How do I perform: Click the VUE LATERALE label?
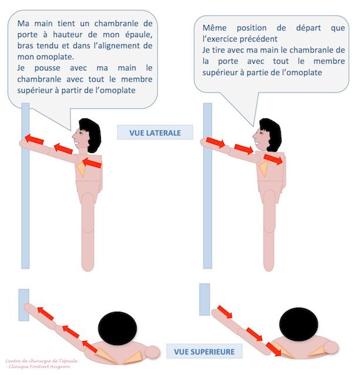155,132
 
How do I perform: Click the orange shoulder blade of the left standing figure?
81,169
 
